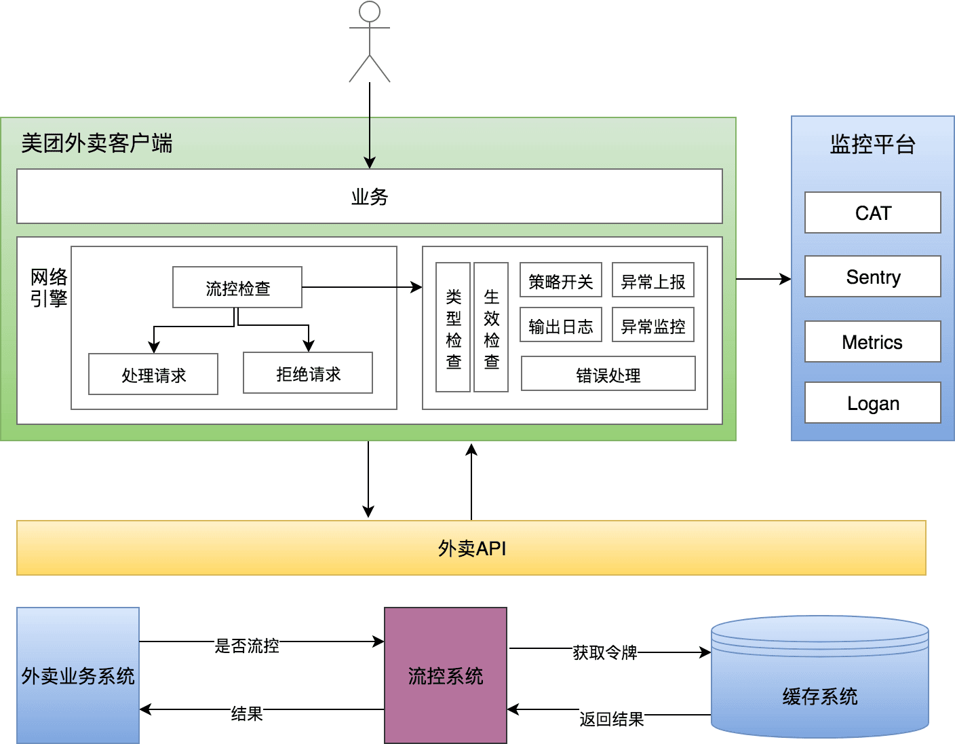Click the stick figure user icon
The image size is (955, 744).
370,41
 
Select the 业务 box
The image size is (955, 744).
370,196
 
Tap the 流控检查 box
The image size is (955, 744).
237,287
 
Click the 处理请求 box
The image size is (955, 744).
153,374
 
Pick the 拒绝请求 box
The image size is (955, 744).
308,373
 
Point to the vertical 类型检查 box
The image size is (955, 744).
453,327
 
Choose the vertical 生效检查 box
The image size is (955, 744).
491,327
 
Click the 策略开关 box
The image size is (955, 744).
561,280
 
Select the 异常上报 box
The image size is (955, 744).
653,280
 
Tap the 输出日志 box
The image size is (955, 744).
561,325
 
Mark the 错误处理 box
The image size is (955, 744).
608,373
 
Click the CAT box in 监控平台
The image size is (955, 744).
873,212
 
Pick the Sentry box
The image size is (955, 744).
873,276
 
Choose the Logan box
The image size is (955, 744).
873,403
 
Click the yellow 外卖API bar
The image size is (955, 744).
471,548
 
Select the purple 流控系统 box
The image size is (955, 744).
446,675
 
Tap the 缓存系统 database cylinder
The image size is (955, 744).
820,679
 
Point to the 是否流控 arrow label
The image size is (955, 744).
247,645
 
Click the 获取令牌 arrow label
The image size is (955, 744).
605,652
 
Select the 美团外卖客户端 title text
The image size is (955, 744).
97,143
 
